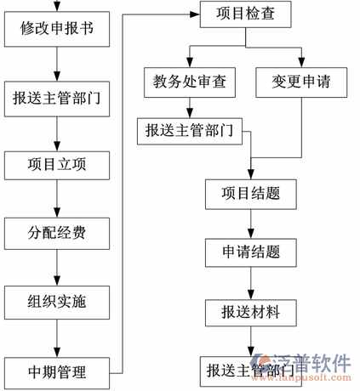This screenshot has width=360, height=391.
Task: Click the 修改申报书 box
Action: point(56,30)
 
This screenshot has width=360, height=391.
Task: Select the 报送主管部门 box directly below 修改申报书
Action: point(56,98)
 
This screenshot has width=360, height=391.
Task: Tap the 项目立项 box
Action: point(56,164)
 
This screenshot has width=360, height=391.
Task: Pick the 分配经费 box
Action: point(56,231)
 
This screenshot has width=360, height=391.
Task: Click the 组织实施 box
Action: point(56,300)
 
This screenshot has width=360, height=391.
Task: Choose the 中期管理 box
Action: point(56,371)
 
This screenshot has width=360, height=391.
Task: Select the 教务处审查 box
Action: point(189,82)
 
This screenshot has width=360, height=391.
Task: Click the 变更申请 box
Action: point(301,82)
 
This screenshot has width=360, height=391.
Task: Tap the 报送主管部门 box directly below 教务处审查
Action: point(189,130)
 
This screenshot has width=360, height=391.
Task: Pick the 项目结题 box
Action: point(249,194)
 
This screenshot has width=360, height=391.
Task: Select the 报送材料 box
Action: point(249,310)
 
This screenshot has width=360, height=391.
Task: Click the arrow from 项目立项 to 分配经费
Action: point(56,197)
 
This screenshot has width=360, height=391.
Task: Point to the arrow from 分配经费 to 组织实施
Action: point(56,265)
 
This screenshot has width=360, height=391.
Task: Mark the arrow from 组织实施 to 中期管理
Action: point(56,336)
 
